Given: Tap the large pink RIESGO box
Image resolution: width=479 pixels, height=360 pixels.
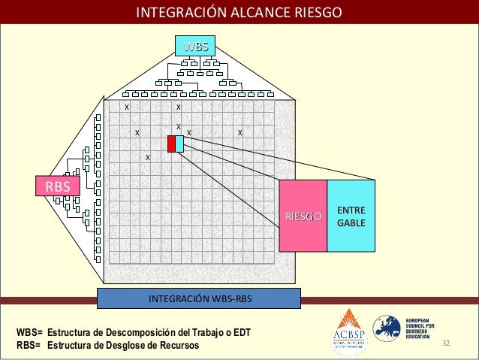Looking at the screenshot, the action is click(x=303, y=216).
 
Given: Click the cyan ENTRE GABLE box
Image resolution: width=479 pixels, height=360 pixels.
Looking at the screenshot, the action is click(x=351, y=216).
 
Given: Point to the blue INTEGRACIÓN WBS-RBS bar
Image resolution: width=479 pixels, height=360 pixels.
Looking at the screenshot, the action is click(x=199, y=298).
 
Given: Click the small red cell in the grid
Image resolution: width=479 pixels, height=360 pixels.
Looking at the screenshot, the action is click(x=171, y=143).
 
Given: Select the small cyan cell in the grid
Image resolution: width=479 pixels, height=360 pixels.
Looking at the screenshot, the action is click(x=179, y=143).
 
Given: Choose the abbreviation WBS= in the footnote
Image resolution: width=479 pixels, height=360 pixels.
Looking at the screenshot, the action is click(x=29, y=332).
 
